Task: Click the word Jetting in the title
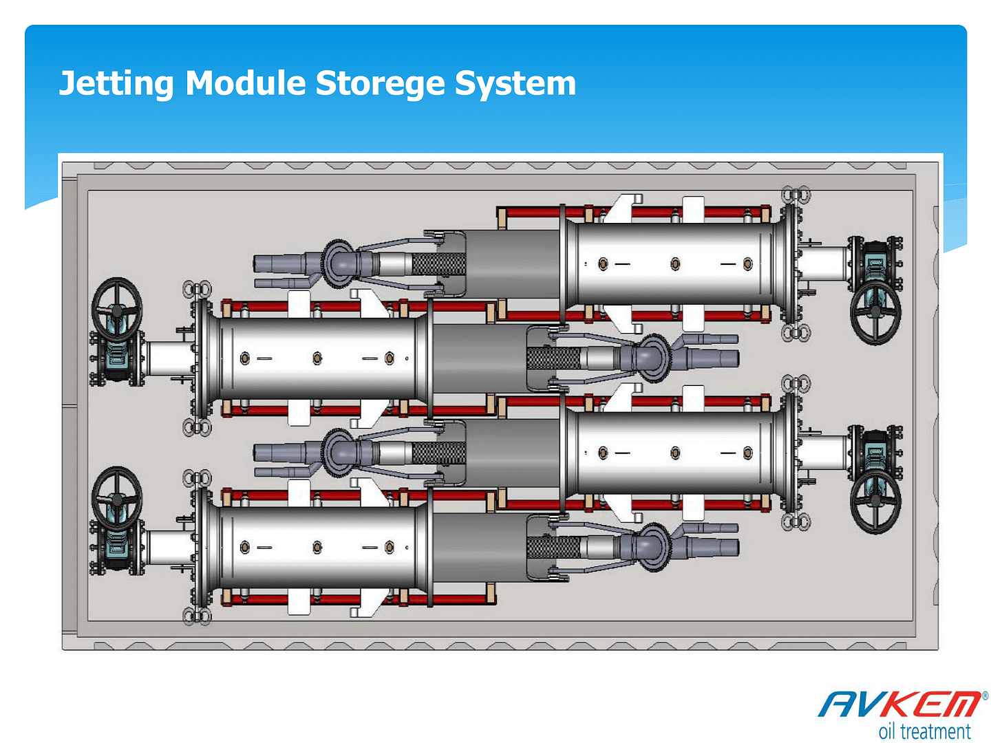click(x=116, y=84)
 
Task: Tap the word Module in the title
click(x=246, y=84)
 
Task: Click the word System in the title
click(x=515, y=84)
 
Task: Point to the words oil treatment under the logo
click(x=924, y=731)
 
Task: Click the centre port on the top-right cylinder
click(x=675, y=264)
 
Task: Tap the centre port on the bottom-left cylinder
click(x=317, y=548)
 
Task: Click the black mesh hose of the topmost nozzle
click(x=438, y=263)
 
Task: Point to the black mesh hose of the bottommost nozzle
click(x=553, y=548)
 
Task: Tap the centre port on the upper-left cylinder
click(x=317, y=358)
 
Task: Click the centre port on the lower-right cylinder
click(x=675, y=453)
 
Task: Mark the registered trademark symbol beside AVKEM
click(x=985, y=696)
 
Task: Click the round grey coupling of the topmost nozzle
click(x=339, y=262)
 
